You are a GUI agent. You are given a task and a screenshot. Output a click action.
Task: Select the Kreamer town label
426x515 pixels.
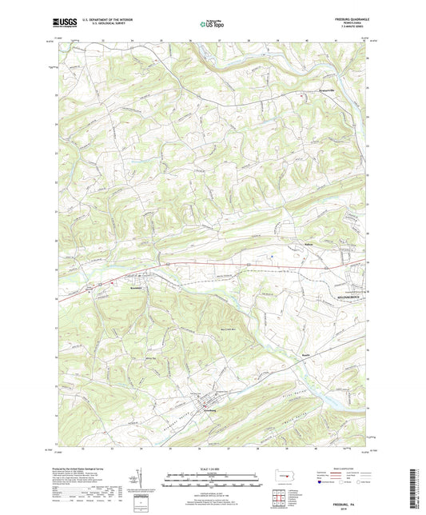[x=133, y=286]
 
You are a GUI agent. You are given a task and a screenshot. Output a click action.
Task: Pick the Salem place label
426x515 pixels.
[x=287, y=246]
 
